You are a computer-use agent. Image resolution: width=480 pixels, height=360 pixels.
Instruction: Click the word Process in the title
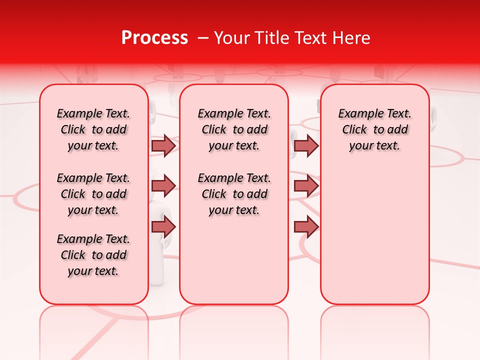tap(154, 38)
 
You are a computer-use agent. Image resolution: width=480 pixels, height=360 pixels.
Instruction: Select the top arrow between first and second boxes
tap(163, 146)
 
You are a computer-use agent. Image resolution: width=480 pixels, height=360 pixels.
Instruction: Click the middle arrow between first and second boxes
tap(163, 186)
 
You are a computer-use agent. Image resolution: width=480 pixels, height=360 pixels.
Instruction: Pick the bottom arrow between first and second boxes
tap(163, 226)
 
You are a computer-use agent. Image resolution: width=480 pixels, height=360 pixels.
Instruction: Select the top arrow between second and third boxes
tap(306, 146)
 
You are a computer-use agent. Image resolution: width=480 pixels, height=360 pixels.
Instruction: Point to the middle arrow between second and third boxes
tap(306, 186)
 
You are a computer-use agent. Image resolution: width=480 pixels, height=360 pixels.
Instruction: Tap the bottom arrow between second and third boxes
tap(306, 226)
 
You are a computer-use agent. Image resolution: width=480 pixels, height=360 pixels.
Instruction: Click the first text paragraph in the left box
tap(93, 129)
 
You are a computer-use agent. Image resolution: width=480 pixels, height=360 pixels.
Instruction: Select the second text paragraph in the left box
tap(93, 194)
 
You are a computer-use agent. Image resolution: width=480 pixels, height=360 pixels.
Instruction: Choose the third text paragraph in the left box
tap(93, 255)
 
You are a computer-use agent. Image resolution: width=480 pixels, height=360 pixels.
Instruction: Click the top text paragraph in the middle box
tap(234, 129)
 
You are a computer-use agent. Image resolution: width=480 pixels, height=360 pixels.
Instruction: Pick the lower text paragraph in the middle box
tap(234, 194)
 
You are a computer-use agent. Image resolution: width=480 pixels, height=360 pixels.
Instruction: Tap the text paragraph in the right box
tap(374, 129)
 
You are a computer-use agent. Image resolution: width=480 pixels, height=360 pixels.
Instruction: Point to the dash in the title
tap(203, 38)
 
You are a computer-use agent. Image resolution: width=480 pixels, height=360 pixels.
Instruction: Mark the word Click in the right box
tap(354, 130)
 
